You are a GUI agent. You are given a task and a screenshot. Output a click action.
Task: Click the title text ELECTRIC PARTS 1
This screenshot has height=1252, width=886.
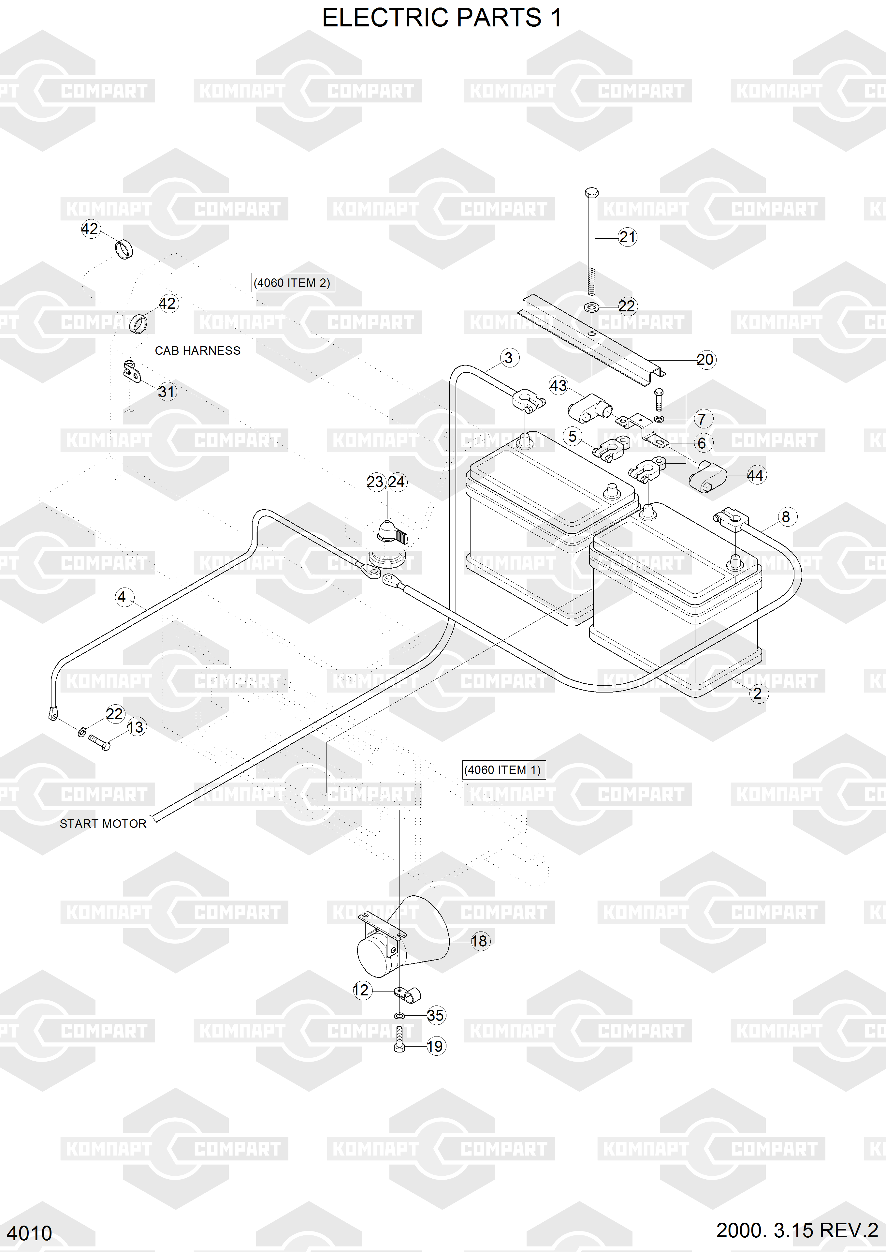pos(442,18)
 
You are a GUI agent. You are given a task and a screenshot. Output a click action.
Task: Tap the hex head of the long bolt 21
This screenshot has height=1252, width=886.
pos(591,193)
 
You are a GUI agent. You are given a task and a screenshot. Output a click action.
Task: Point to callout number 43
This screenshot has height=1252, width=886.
pos(558,386)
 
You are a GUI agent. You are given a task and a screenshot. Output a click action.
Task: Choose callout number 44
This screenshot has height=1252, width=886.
pos(755,475)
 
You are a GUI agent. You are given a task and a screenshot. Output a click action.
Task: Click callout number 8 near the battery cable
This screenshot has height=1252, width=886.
pos(786,517)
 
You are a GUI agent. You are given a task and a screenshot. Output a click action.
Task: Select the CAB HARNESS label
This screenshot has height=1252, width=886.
pos(197,350)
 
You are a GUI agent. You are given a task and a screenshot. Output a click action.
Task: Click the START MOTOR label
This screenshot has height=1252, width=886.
pos(103,824)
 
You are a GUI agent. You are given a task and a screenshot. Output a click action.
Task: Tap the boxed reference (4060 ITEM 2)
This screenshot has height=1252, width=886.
pos(292,283)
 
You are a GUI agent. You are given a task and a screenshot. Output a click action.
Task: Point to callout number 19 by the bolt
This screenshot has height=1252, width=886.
pos(435,1046)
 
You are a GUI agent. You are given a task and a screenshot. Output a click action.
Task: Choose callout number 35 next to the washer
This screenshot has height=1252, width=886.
pos(435,1015)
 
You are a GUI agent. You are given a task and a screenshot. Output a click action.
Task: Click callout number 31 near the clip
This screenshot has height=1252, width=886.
pos(167,391)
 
